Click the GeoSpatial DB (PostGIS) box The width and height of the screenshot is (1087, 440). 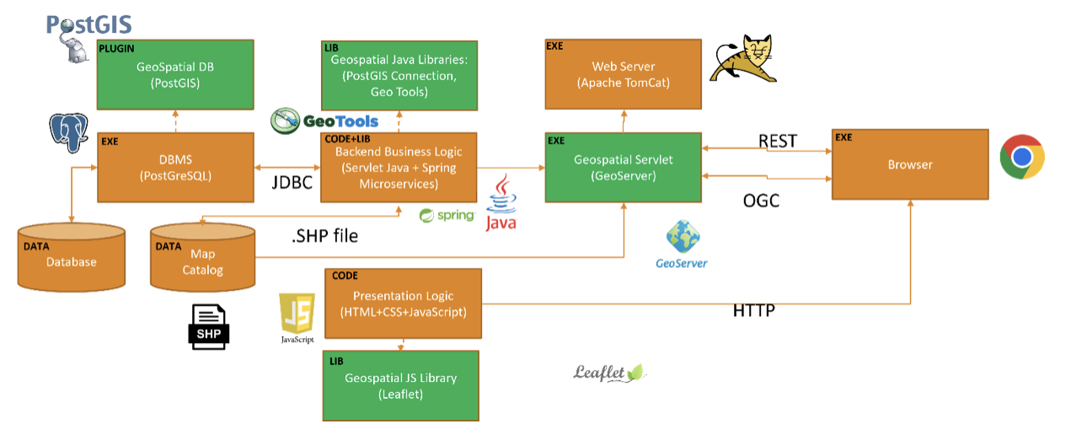pos(175,74)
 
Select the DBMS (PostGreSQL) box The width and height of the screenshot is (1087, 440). pos(175,167)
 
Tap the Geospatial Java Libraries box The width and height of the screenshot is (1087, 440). pos(399,74)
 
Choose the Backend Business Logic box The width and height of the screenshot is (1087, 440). pos(399,167)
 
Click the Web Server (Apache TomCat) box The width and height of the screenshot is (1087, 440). pos(623,74)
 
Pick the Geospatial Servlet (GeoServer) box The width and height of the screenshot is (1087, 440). pos(623,167)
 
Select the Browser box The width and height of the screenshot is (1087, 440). pos(910,164)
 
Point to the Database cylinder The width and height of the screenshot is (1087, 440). pos(72,258)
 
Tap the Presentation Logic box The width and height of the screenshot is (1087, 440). pos(403,303)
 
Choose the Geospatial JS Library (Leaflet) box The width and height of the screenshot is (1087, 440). pos(400,385)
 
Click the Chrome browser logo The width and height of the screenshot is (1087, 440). pos(1022,158)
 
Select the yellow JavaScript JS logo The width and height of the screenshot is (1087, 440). pos(297,313)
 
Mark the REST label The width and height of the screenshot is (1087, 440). pos(777,142)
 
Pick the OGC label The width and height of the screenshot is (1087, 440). pos(760,200)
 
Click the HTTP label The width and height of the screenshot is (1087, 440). pos(753,311)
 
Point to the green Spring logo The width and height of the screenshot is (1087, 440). pos(447,216)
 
